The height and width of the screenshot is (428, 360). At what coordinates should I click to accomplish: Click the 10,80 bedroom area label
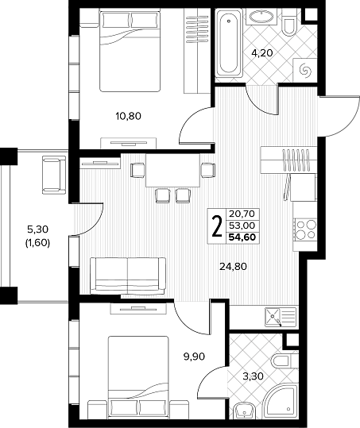129,117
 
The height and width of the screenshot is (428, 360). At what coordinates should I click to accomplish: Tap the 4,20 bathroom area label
262,52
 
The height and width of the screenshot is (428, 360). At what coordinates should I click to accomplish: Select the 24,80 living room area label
234,266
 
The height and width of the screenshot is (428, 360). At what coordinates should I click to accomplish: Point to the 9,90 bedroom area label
194,357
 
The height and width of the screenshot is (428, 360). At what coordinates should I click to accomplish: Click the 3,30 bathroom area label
254,376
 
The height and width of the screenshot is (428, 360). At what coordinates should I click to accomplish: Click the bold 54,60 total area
242,237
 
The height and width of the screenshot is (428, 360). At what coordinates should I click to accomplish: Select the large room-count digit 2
217,226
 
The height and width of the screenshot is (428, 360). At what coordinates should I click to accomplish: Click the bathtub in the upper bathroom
229,43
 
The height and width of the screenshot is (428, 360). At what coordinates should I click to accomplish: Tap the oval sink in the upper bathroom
261,17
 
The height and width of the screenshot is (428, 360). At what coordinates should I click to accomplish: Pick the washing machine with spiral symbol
305,70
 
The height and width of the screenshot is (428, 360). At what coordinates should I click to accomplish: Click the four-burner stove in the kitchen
305,229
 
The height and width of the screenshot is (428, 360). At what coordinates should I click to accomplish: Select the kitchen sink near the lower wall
281,317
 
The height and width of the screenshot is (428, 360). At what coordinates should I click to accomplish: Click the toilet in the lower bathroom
285,361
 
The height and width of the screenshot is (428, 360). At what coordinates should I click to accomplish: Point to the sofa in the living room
128,276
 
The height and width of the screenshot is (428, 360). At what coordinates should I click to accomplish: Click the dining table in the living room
173,171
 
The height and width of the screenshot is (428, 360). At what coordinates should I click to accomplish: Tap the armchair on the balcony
54,175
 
